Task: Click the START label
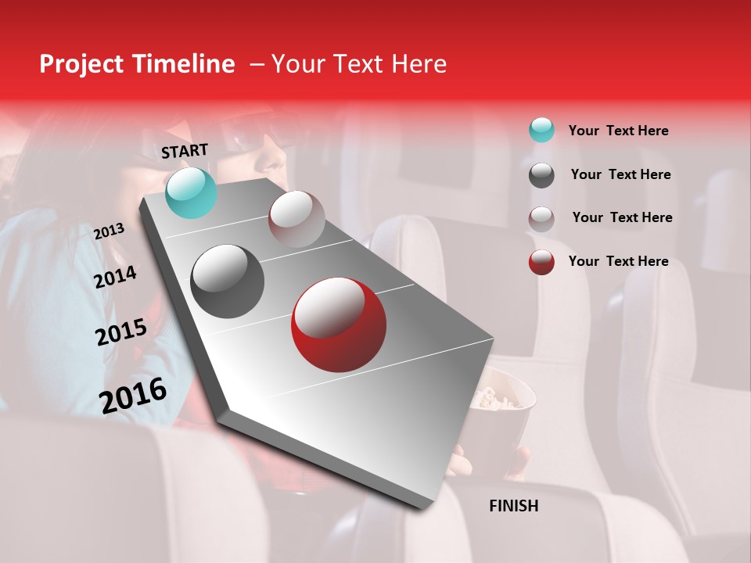tap(185, 151)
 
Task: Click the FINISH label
tap(513, 506)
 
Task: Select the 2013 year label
tap(109, 231)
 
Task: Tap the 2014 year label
tap(115, 277)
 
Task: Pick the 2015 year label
tap(120, 332)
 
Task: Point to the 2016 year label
tap(133, 395)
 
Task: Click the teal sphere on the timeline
tap(191, 193)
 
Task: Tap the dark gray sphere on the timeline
tap(228, 281)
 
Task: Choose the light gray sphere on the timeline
tap(296, 219)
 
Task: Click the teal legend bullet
tap(541, 130)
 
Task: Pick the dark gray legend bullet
tap(541, 175)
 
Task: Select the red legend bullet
tap(541, 262)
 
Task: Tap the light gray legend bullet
tap(541, 219)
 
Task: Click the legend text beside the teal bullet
tap(618, 131)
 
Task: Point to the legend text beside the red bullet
tap(618, 261)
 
